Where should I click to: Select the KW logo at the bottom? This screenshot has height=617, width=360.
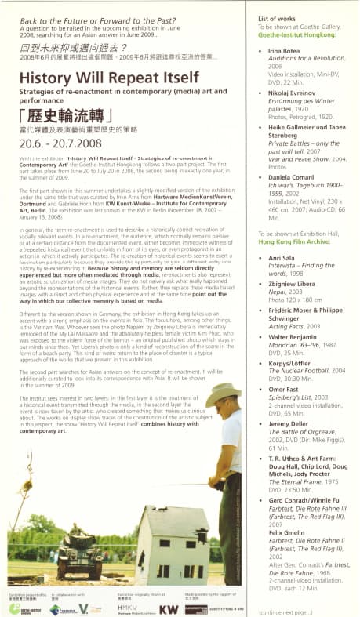coord(168,608)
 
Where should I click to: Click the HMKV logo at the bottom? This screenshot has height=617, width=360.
coord(127,608)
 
